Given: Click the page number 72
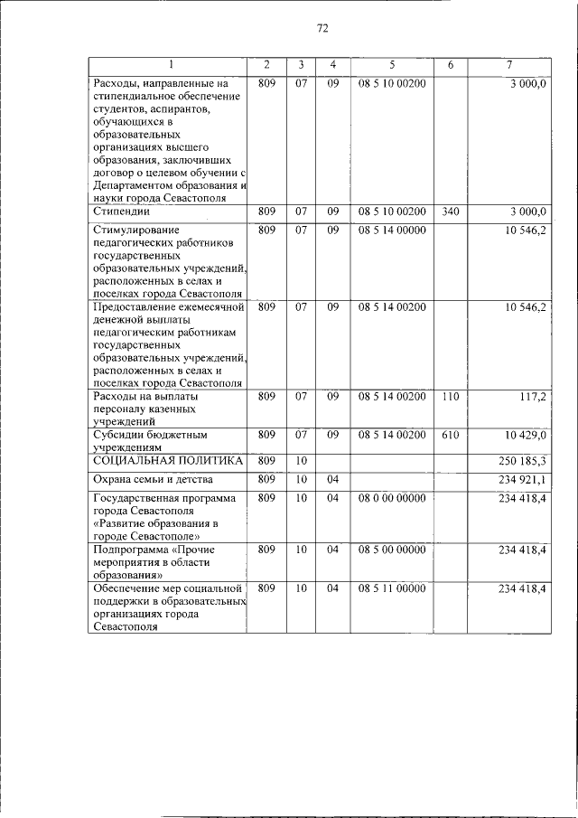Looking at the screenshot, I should pos(322,28).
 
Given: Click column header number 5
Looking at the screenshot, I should pos(392,65).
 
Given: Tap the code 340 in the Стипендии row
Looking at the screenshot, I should pos(451,212).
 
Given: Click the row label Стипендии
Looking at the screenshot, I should pos(121,212).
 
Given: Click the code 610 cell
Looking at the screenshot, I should pos(451,435).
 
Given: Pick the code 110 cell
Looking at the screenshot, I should pos(451,396).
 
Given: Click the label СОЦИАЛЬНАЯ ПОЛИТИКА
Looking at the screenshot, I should pos(168,461).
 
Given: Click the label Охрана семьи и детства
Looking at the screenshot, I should pos(153,479).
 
